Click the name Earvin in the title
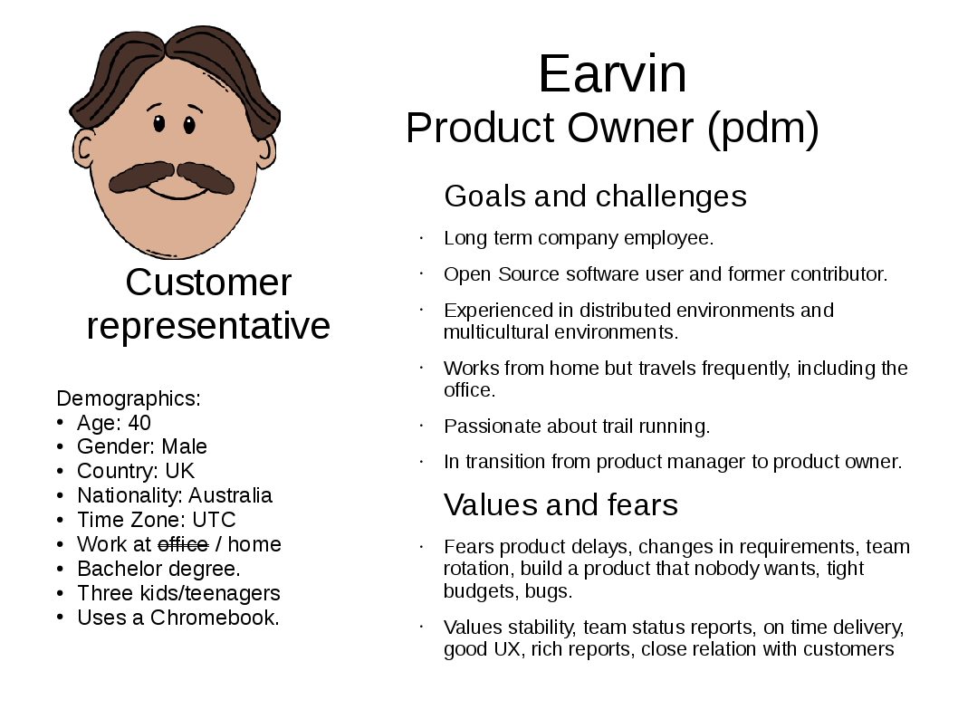612,74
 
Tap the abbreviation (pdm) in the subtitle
763,129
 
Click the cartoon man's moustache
171,177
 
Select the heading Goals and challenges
595,197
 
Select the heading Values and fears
560,505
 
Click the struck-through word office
183,543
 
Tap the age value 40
139,423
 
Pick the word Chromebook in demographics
215,618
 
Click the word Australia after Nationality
230,495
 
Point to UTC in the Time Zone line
214,520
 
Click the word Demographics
129,398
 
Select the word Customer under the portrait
208,283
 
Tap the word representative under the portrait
208,326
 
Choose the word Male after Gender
184,446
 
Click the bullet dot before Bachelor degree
60,569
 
